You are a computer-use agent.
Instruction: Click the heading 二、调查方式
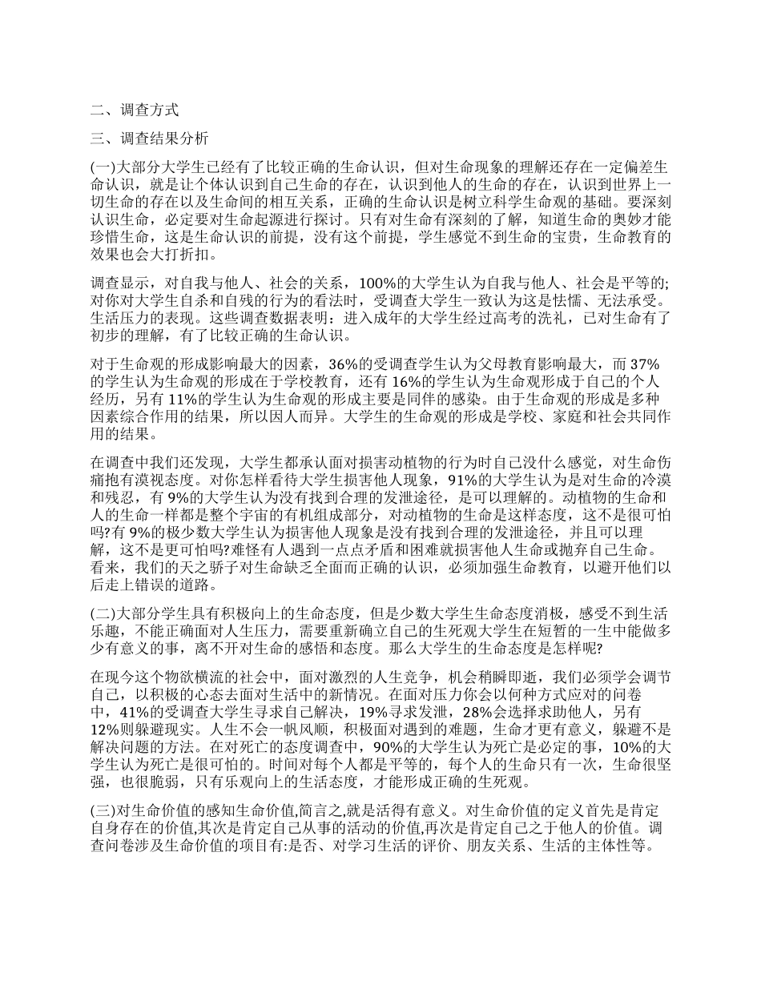(135, 111)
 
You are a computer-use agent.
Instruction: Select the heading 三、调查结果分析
(150, 139)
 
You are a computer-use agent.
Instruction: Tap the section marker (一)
(104, 167)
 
